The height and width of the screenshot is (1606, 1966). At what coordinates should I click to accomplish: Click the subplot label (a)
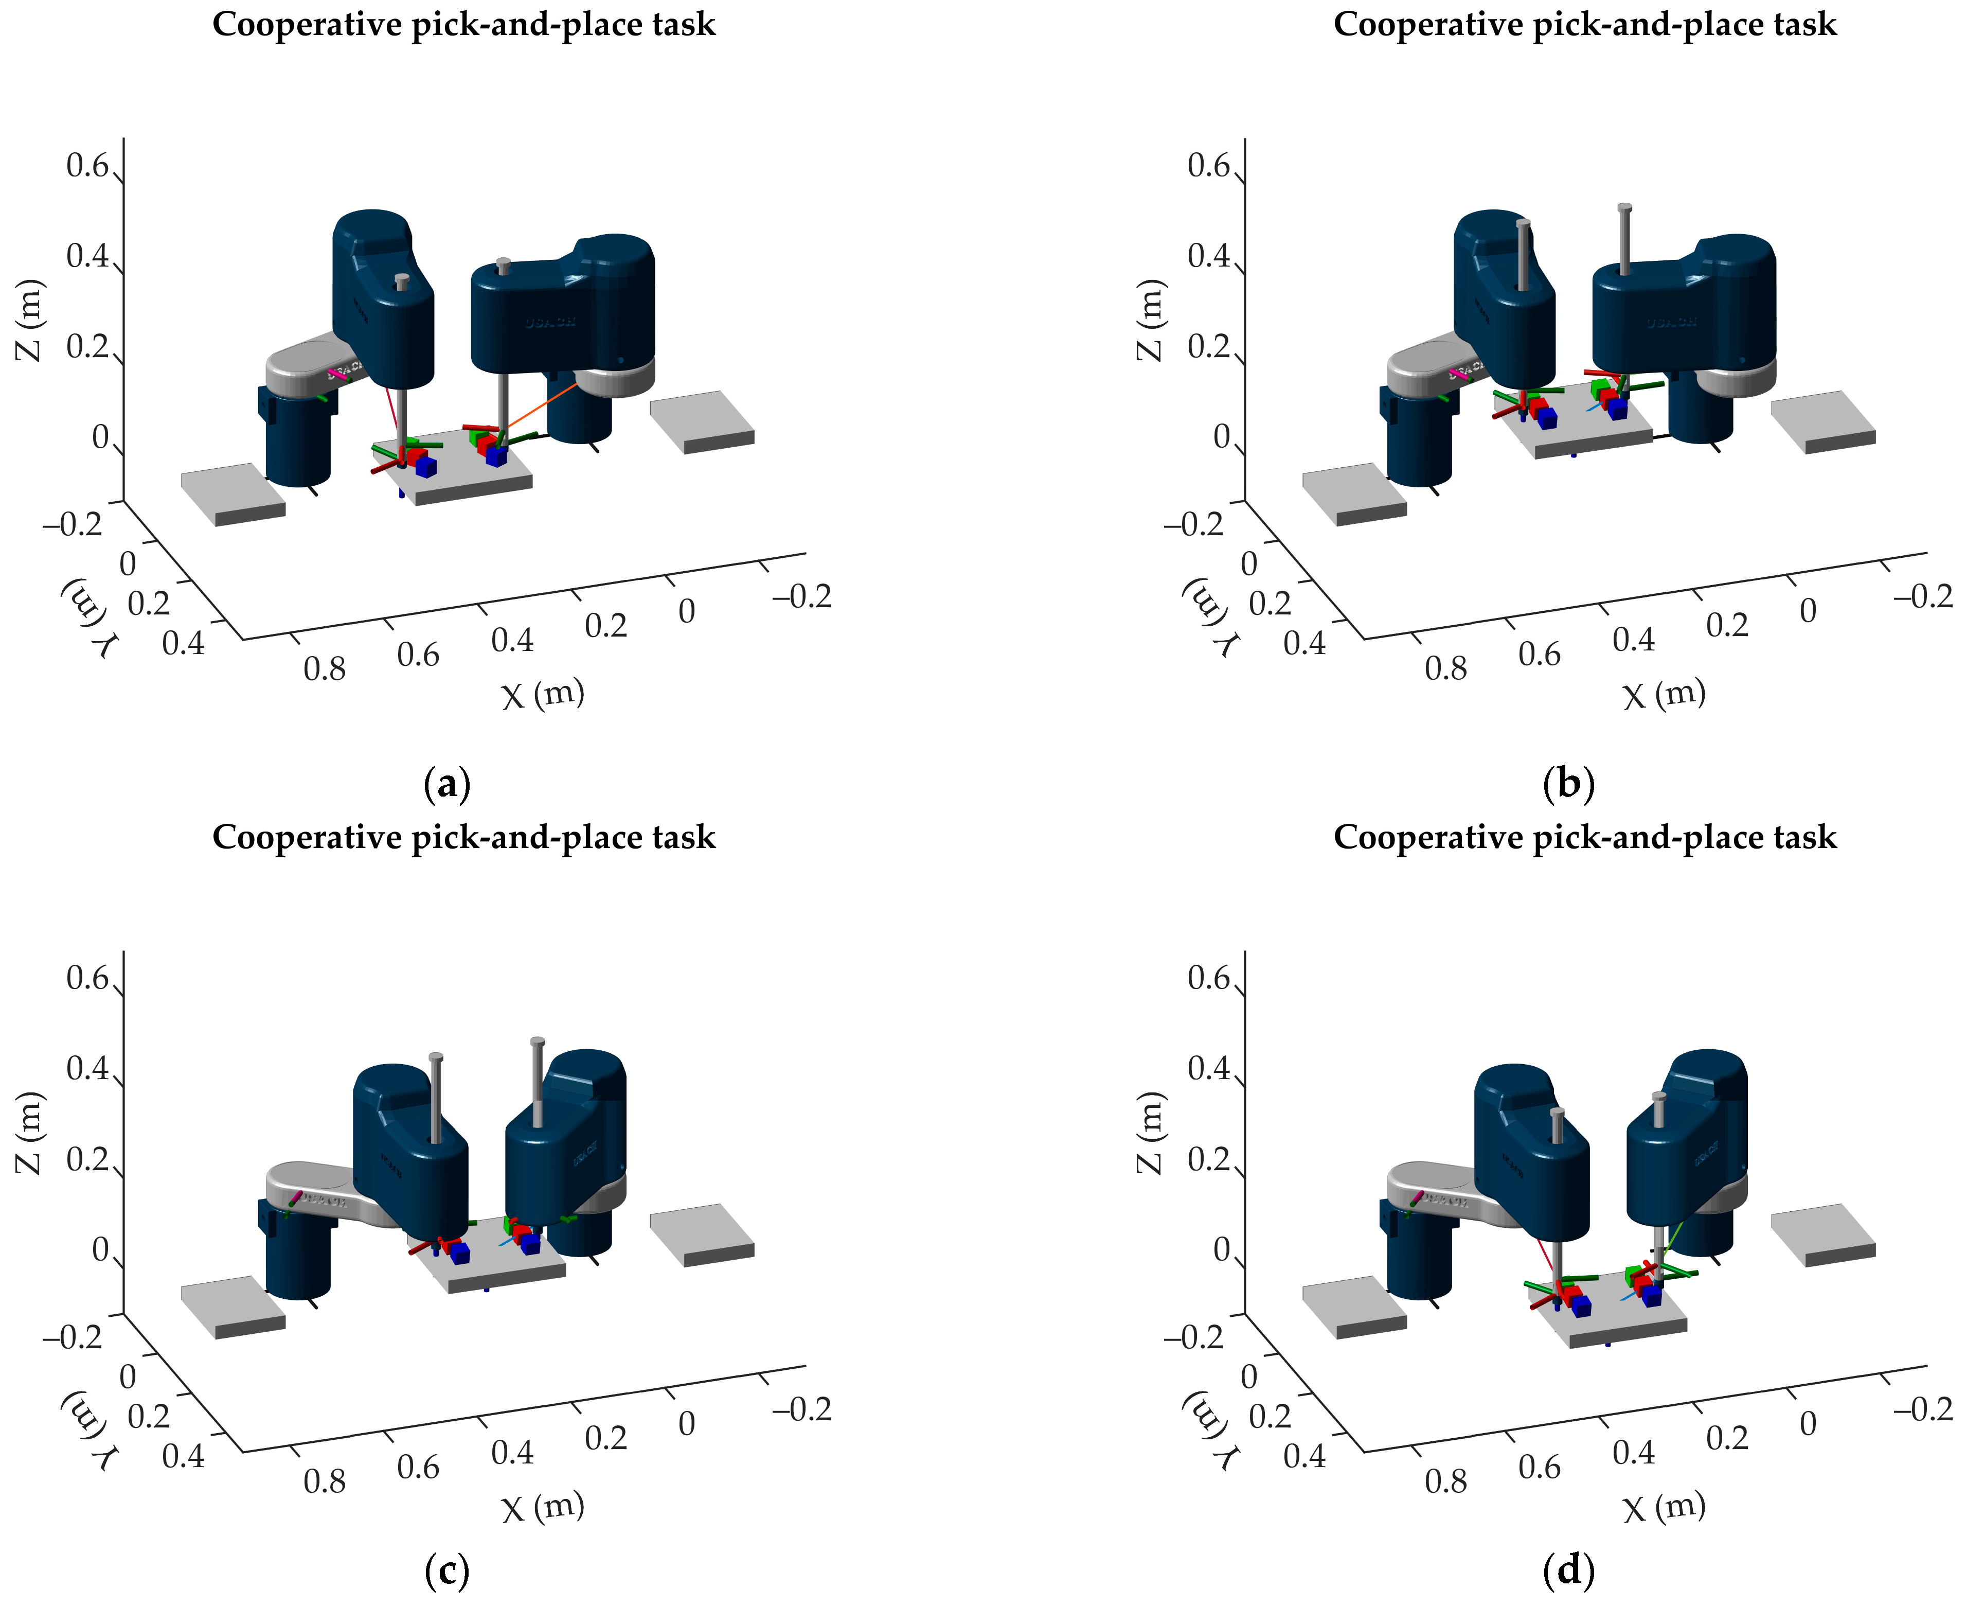tap(448, 785)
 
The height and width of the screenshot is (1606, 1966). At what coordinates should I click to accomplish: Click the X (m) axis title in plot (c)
tap(543, 1507)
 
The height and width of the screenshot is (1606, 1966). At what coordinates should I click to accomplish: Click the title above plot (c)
tap(463, 837)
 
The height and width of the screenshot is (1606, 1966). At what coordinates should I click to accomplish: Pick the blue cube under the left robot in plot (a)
tap(425, 467)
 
